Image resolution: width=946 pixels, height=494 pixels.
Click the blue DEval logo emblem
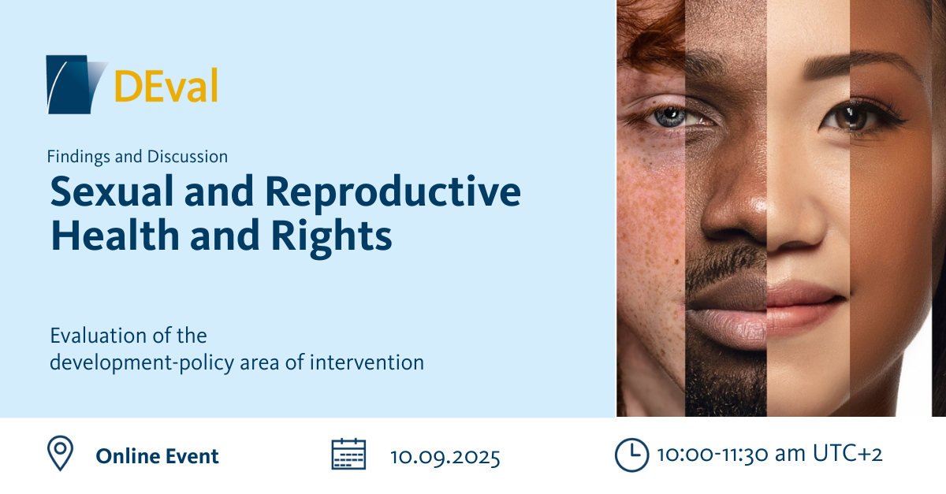click(x=74, y=84)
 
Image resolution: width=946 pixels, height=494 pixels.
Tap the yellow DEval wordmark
click(x=166, y=85)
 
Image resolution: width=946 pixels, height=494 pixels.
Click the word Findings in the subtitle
click(x=79, y=157)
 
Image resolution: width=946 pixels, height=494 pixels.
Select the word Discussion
click(x=188, y=157)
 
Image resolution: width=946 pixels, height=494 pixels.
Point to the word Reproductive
click(x=393, y=194)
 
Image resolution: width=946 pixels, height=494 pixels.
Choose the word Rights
click(x=332, y=238)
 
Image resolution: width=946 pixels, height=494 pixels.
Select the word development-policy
click(x=142, y=363)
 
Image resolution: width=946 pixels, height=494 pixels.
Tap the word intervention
click(x=367, y=362)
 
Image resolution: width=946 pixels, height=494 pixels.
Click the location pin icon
click(x=60, y=453)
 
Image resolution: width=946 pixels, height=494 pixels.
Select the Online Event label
click(x=157, y=456)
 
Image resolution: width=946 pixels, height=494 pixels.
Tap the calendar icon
click(x=348, y=454)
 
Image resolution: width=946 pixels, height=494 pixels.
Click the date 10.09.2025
click(x=445, y=457)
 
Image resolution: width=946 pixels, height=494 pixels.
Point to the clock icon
click(x=631, y=455)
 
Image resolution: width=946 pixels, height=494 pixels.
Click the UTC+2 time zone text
click(x=847, y=454)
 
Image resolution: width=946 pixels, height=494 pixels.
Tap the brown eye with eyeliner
click(x=853, y=117)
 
